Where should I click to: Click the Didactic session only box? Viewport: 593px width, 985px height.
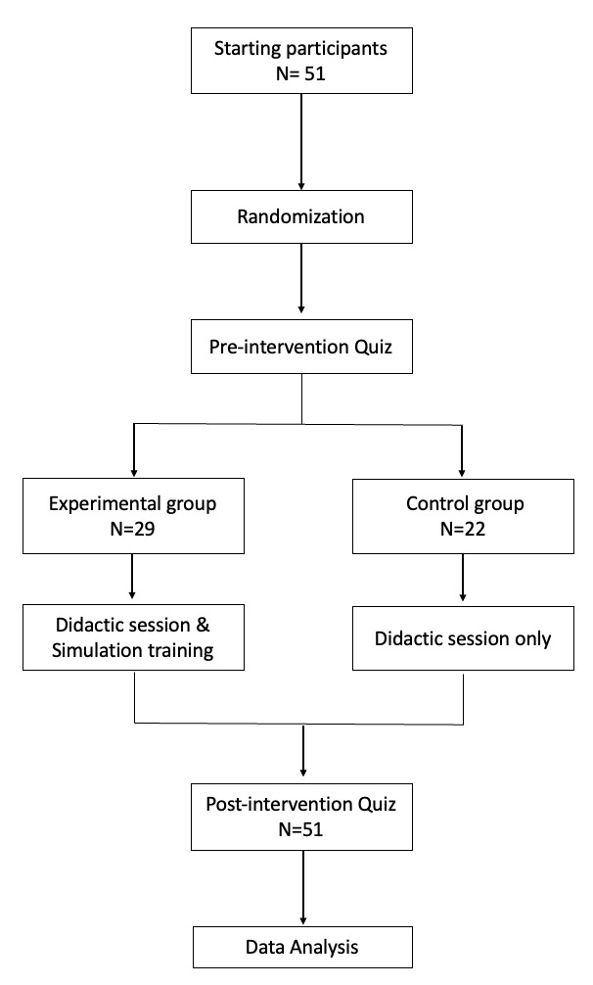tap(462, 639)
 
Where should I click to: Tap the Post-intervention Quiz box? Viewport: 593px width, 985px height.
tap(301, 819)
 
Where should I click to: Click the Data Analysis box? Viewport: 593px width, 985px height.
tap(301, 947)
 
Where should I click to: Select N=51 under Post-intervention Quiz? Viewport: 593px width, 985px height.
tap(301, 832)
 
